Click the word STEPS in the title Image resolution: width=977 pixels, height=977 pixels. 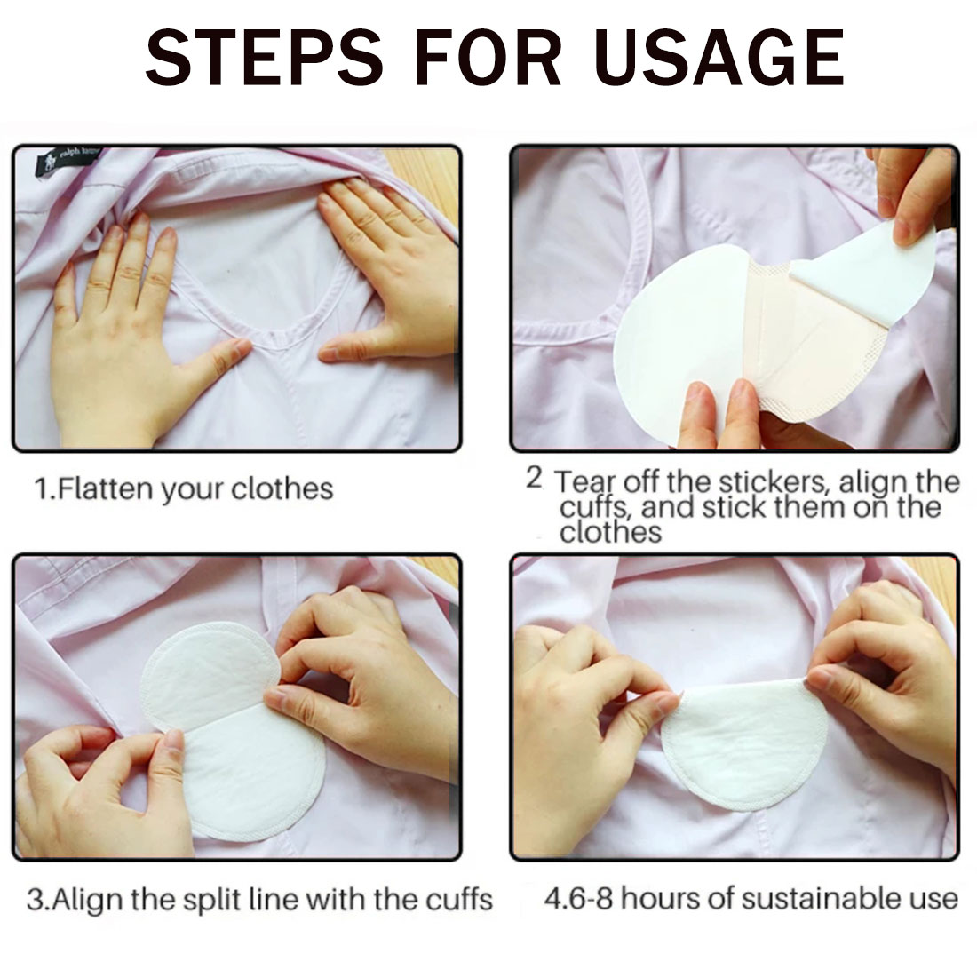tap(264, 58)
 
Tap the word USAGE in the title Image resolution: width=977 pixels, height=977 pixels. tap(719, 58)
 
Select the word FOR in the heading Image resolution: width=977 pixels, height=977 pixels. tap(487, 58)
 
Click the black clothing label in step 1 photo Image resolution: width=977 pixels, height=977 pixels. tap(65, 161)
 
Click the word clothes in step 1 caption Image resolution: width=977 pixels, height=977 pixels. tap(282, 488)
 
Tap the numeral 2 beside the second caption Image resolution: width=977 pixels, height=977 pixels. tap(534, 479)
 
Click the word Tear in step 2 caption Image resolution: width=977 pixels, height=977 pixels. tap(584, 481)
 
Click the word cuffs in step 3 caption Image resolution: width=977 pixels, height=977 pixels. tap(459, 899)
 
